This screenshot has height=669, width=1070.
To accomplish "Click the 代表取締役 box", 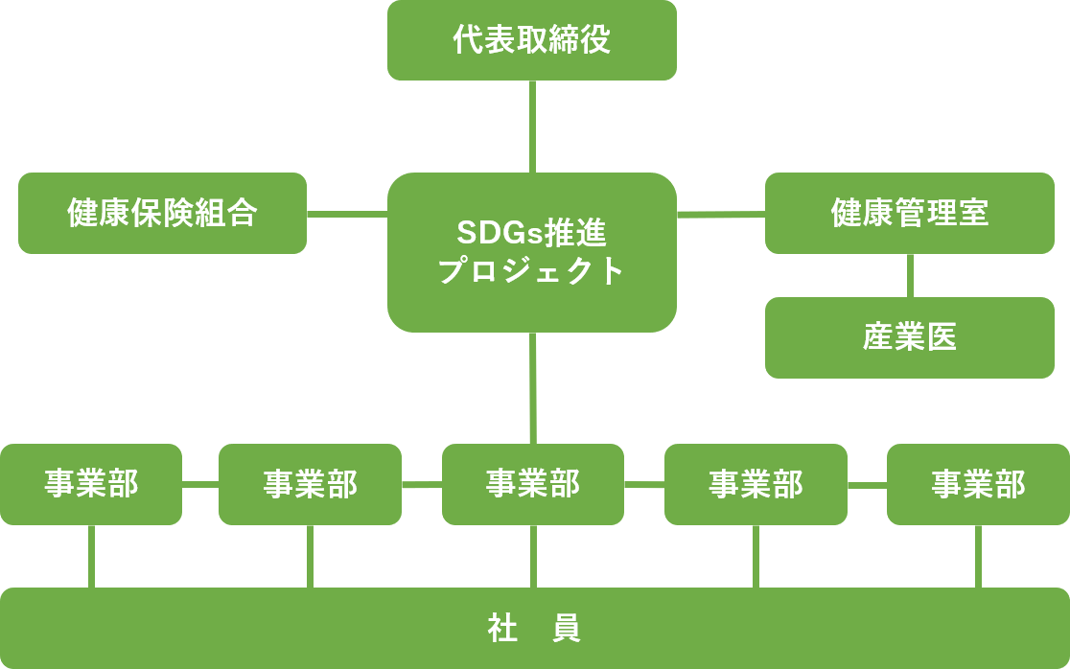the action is (531, 40).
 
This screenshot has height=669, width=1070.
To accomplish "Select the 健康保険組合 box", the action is (162, 213).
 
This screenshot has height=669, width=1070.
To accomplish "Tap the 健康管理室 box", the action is (910, 213).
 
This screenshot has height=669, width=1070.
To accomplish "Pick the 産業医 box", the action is (910, 337).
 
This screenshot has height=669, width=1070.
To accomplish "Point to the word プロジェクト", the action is (531, 270).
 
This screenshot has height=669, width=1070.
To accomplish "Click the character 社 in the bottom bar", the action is (502, 628).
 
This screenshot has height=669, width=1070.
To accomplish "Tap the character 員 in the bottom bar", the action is (566, 628).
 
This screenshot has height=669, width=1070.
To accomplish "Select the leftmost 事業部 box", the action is (91, 484).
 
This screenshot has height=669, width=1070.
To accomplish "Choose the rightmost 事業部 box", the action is (978, 484).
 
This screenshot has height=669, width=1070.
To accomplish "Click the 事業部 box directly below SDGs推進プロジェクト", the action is (533, 484).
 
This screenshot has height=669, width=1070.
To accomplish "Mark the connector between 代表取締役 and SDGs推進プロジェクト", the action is (532, 127).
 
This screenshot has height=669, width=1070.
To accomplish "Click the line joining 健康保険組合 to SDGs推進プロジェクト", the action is (347, 214).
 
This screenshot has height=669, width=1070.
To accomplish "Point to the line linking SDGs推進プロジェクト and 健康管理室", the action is (721, 214).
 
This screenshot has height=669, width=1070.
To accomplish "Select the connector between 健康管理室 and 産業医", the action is (910, 275).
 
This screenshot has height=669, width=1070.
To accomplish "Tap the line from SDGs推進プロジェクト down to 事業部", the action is (533, 388).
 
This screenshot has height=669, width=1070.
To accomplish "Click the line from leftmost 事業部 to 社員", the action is (91, 557).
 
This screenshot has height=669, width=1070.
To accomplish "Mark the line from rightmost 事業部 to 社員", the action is (979, 557).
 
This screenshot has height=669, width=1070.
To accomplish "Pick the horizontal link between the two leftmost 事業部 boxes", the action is (200, 484).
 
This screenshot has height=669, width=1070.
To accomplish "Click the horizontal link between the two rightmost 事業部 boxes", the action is (868, 485).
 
